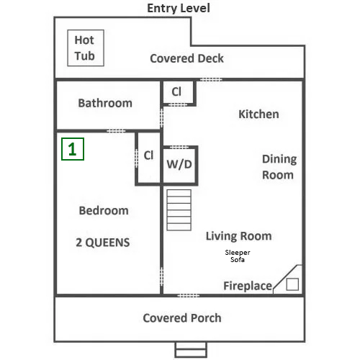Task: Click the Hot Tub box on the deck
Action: click(86, 48)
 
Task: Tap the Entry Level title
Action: click(179, 9)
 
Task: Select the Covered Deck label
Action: click(186, 58)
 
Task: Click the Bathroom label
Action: click(105, 103)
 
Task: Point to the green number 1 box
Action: click(73, 149)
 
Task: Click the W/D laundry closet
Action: click(179, 166)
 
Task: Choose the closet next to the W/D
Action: click(148, 158)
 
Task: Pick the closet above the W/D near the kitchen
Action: click(178, 92)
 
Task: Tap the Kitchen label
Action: click(258, 114)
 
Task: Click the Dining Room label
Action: click(279, 167)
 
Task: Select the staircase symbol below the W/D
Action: click(179, 210)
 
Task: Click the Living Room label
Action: click(239, 236)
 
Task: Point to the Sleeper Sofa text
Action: click(238, 256)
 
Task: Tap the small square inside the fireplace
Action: click(292, 284)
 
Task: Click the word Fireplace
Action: click(248, 286)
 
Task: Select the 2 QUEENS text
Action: click(103, 243)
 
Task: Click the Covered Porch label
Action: click(182, 318)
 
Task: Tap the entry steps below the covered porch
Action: click(191, 350)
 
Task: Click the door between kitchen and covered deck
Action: click(211, 80)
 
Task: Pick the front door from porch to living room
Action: click(189, 296)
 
